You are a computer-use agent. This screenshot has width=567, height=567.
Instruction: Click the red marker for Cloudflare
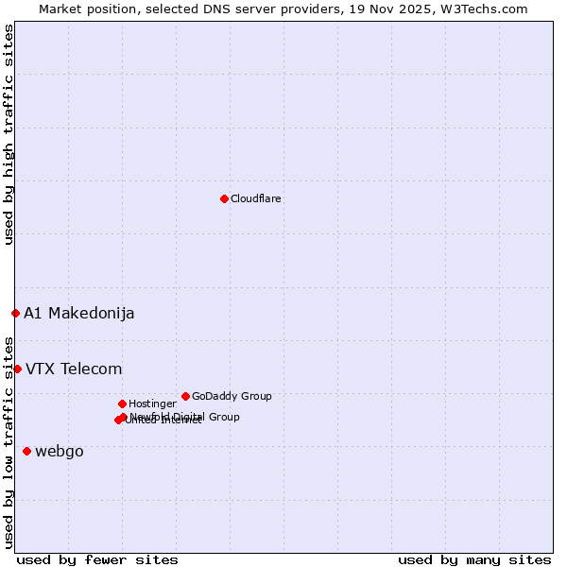224,198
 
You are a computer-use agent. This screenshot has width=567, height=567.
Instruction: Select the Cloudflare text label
255,198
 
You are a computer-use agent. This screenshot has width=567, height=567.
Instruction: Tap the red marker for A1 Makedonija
15,313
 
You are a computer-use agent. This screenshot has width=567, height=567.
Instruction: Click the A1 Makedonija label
78,314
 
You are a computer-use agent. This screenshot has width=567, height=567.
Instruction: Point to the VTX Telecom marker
17,369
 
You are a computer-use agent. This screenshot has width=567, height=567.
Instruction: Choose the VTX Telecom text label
74,369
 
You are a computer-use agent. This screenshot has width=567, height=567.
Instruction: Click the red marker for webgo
26,452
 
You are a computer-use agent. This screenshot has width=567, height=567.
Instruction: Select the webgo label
59,452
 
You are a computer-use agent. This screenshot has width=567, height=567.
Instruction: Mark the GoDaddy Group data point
185,396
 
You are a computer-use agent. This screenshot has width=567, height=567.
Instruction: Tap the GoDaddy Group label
232,397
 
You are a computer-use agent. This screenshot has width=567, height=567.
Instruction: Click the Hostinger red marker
122,404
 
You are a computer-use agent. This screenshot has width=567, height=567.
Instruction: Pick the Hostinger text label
152,404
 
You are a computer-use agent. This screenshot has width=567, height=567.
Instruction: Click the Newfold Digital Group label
185,417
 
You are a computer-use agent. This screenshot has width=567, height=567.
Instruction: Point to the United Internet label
163,421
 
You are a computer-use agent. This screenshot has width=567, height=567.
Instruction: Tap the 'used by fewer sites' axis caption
97,559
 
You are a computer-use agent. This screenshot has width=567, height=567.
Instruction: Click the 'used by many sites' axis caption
474,559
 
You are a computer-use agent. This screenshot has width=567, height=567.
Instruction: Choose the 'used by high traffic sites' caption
9,134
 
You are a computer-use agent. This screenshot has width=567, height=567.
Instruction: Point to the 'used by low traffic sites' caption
9,442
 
